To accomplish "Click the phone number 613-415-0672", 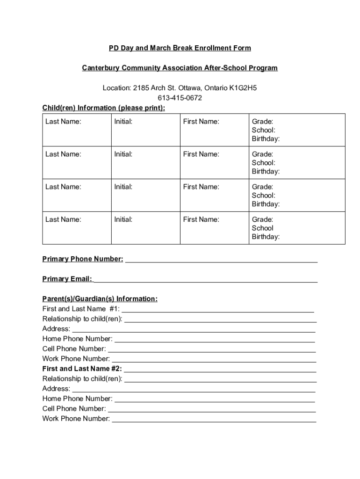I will point(180,98).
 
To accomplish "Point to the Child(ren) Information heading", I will point(104,108).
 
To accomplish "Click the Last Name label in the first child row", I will point(63,122).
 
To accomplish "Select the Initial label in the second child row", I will point(123,154).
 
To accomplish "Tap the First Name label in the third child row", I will point(201,187).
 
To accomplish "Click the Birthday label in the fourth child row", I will point(266,237).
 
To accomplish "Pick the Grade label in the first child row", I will point(262,122).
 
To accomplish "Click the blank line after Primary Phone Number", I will point(221,260).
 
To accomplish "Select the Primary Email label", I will point(67,279).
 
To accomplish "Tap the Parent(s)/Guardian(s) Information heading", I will point(100,299).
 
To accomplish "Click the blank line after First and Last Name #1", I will point(217,310).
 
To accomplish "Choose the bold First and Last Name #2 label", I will point(82,369).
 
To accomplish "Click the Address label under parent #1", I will point(56,329).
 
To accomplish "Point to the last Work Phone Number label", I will point(76,419).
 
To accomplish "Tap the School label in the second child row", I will point(263,163).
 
